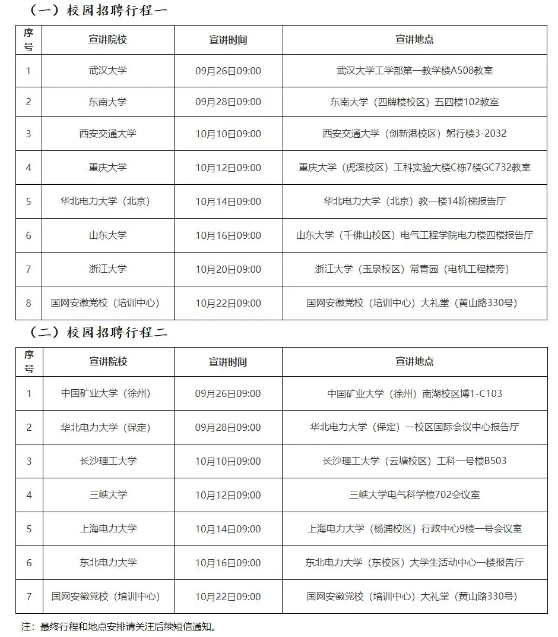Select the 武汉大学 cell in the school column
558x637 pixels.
tap(108, 71)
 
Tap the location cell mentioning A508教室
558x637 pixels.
tap(414, 71)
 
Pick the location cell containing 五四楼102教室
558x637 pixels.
tap(414, 102)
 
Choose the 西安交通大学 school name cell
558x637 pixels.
tap(108, 134)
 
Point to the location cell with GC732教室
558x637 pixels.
tap(414, 168)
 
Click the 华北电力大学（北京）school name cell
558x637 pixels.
tap(108, 201)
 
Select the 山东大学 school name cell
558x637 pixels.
tap(108, 235)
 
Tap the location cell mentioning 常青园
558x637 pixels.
tap(414, 269)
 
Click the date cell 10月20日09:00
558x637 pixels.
tap(228, 269)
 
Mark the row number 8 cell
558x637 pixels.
tap(28, 303)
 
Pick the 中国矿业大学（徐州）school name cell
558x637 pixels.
tap(108, 393)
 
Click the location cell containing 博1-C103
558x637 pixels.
tap(414, 393)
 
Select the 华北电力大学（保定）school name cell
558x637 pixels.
tap(108, 427)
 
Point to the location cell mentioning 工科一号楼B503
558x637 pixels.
tap(414, 461)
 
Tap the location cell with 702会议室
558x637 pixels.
tap(414, 494)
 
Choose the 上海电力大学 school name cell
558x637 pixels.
tap(108, 528)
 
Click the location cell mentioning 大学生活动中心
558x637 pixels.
tap(414, 562)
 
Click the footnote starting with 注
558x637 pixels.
tap(119, 626)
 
